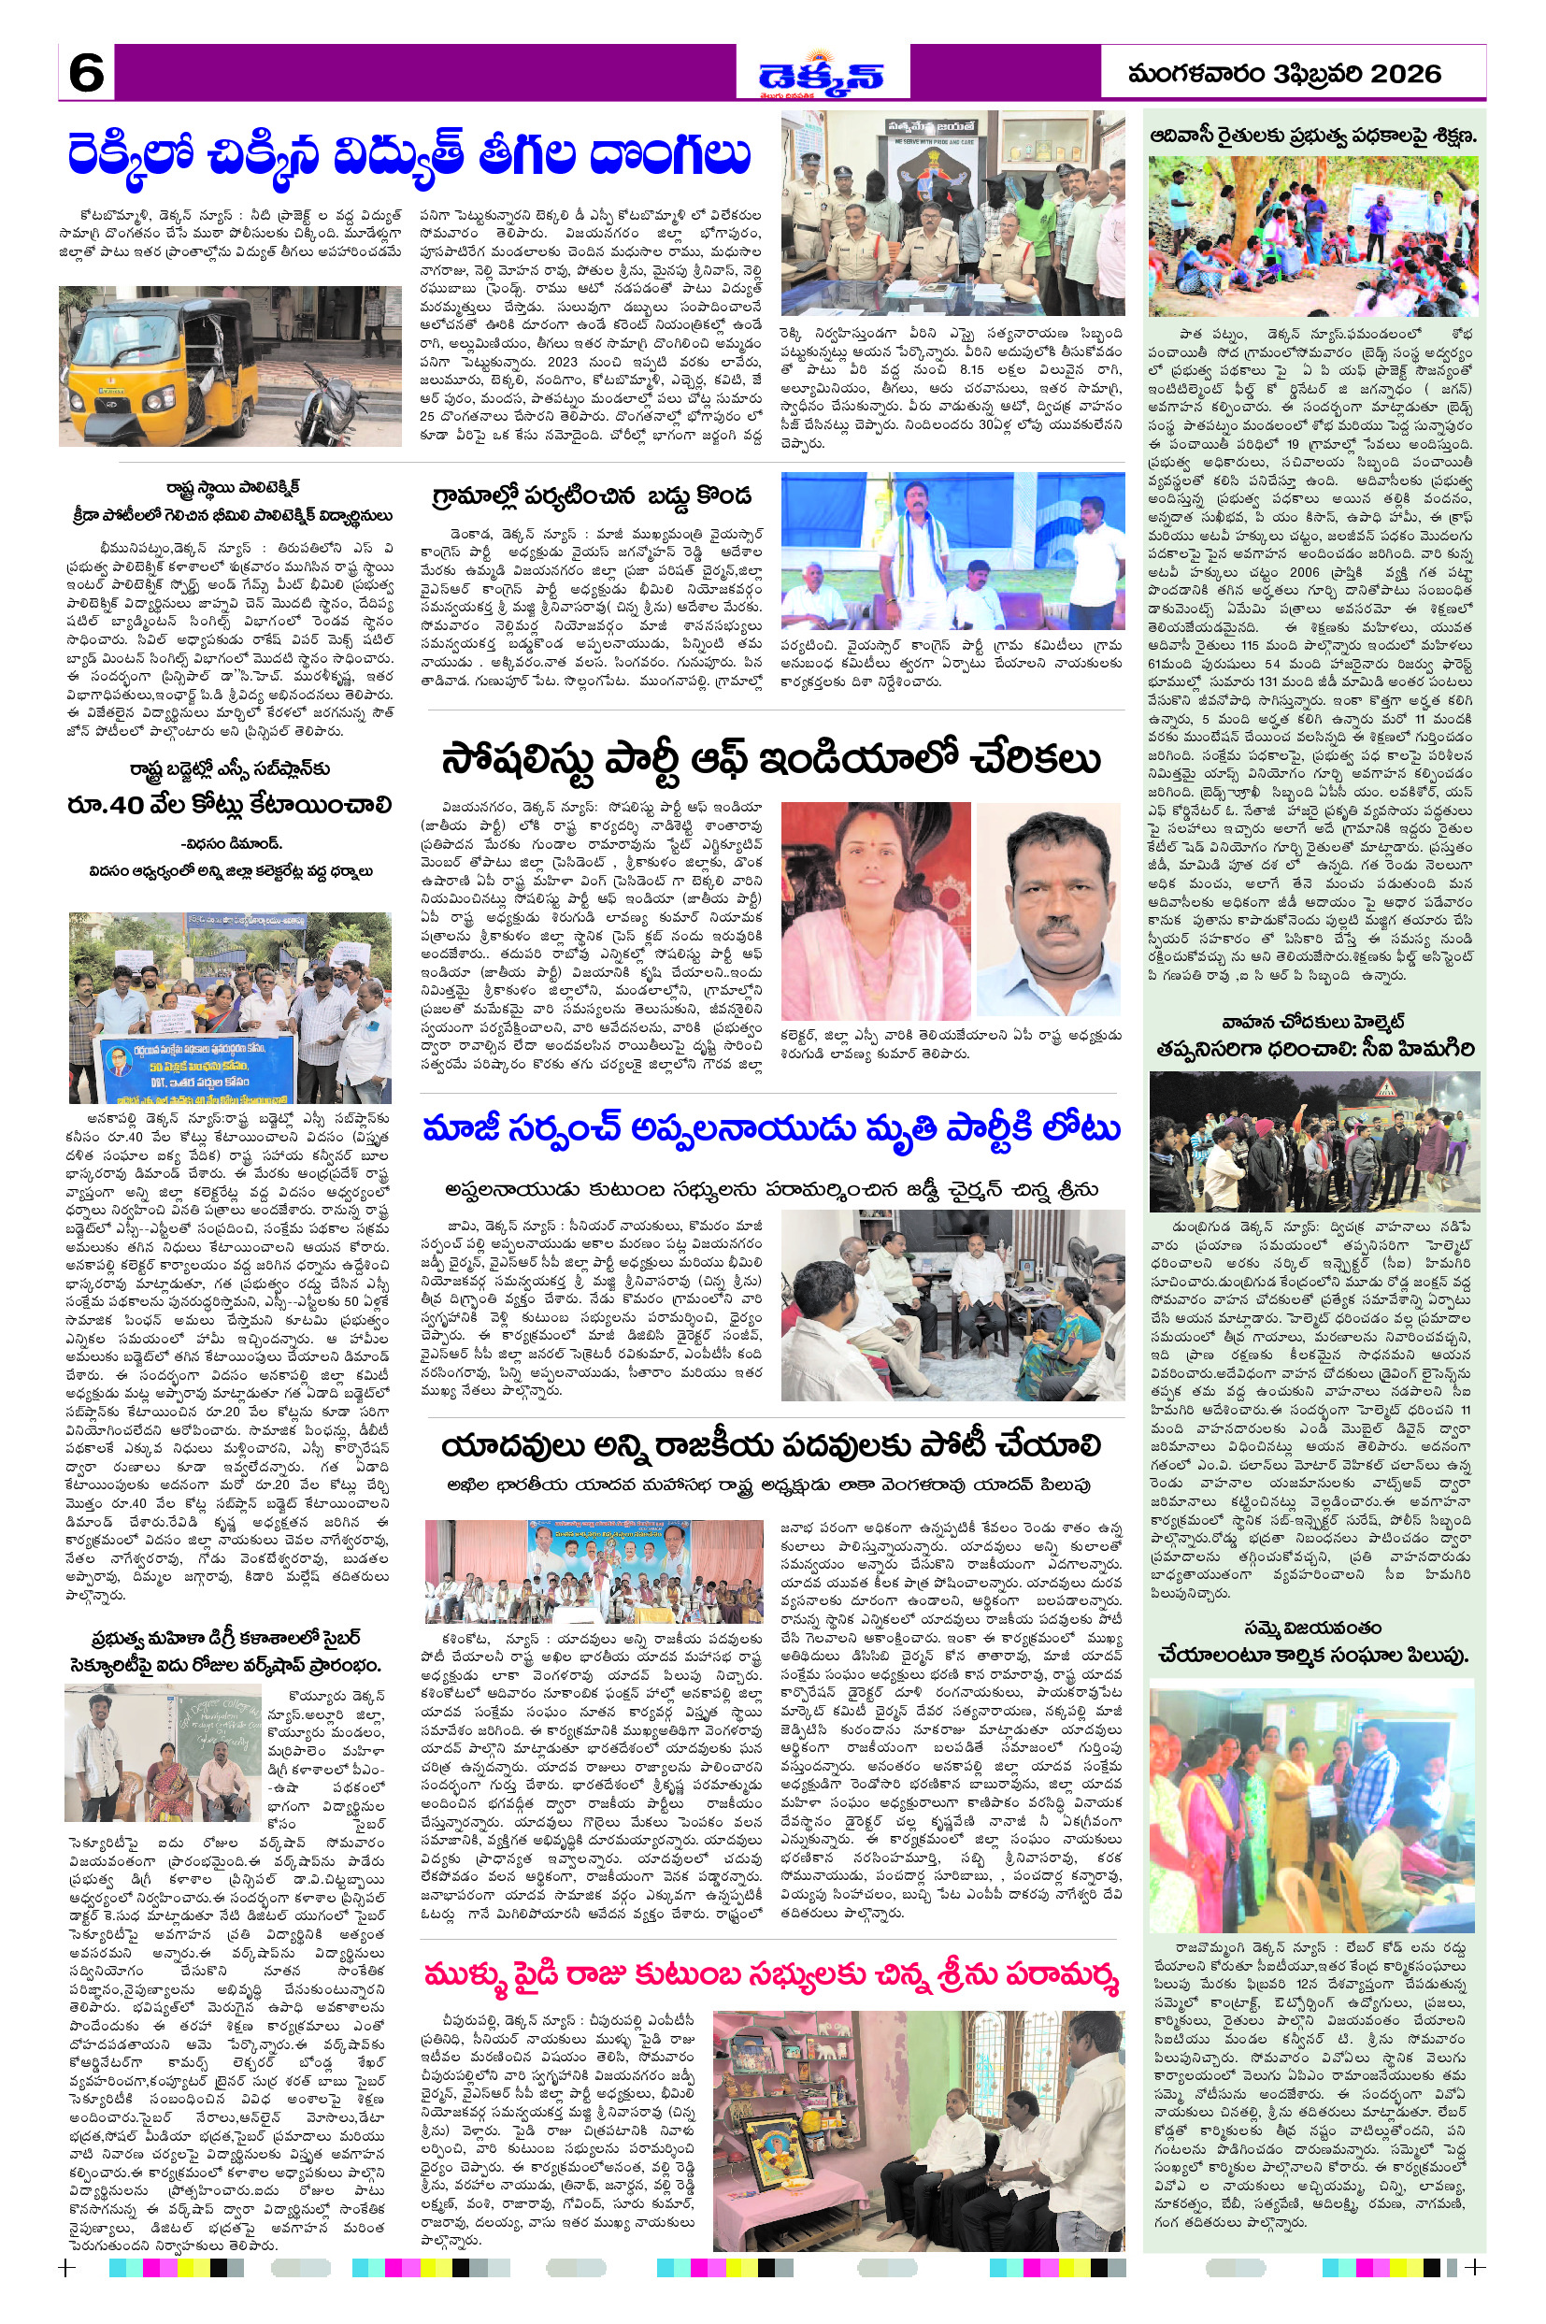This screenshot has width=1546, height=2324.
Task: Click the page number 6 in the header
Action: (x=86, y=73)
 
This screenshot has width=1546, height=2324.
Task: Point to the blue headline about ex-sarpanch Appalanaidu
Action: (x=771, y=1130)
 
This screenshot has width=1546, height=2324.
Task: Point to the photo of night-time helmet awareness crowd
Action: (x=1313, y=1141)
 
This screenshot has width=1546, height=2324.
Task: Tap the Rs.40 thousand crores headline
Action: (x=230, y=806)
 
